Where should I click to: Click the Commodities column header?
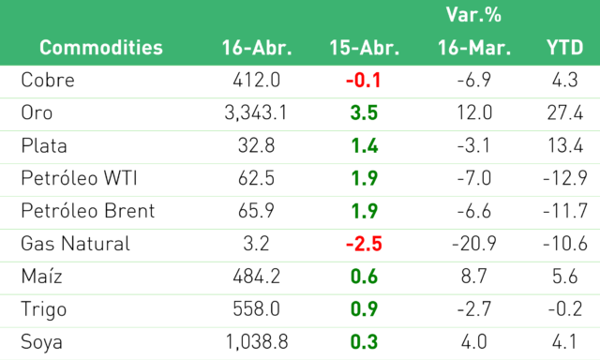click(x=101, y=48)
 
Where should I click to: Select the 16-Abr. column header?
click(x=257, y=48)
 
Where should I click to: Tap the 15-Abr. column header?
click(x=365, y=48)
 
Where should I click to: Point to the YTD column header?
click(x=564, y=48)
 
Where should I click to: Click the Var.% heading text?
click(x=473, y=15)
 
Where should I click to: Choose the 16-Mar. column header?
click(x=474, y=48)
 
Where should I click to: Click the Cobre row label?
click(x=48, y=80)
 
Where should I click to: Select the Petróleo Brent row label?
click(x=88, y=211)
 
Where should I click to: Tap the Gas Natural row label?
click(x=75, y=244)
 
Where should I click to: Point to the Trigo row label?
click(x=44, y=309)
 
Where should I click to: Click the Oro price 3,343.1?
click(x=256, y=112)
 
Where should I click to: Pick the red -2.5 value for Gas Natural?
click(x=364, y=244)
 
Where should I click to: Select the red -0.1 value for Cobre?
click(x=363, y=81)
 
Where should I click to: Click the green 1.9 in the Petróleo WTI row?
click(x=365, y=178)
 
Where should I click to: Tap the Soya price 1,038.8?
click(x=257, y=341)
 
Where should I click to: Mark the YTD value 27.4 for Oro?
click(x=565, y=112)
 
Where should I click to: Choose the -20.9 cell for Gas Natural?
click(x=474, y=244)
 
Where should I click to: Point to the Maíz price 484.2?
click(x=256, y=277)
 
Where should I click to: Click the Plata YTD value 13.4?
click(x=565, y=145)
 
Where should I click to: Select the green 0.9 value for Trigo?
click(x=364, y=309)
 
